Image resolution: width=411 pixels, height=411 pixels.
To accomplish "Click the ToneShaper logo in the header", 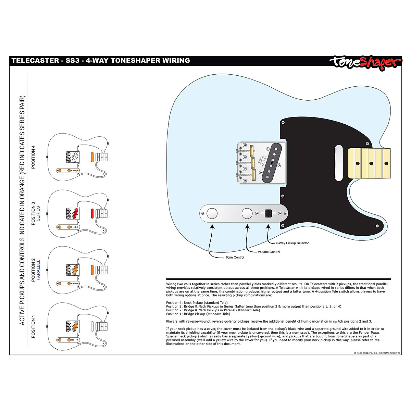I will click(365, 62).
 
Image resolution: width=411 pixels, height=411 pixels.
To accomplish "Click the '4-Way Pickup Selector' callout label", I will click(292, 243).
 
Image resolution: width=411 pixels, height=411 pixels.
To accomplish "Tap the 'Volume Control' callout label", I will click(269, 252).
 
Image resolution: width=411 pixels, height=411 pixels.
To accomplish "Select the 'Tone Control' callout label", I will click(235, 257).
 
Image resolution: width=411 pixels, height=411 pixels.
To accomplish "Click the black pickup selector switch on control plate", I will click(269, 213).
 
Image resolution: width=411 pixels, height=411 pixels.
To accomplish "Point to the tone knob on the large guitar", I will click(212, 213).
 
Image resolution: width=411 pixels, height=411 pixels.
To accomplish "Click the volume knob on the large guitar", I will click(247, 213).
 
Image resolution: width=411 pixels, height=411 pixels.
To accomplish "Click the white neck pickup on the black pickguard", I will click(338, 163).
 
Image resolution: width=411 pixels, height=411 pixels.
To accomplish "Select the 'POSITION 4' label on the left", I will click(33, 157).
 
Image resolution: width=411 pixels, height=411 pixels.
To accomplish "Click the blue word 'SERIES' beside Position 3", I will click(38, 214).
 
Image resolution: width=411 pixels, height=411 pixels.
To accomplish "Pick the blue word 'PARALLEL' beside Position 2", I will click(38, 270).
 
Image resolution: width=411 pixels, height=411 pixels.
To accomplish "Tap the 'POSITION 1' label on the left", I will click(33, 328).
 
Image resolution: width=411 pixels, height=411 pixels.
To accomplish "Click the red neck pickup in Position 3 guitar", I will click(92, 213).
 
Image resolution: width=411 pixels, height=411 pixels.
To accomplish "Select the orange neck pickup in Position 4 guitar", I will click(92, 157).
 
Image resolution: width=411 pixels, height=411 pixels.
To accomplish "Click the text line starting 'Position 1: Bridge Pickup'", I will click(198, 314).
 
